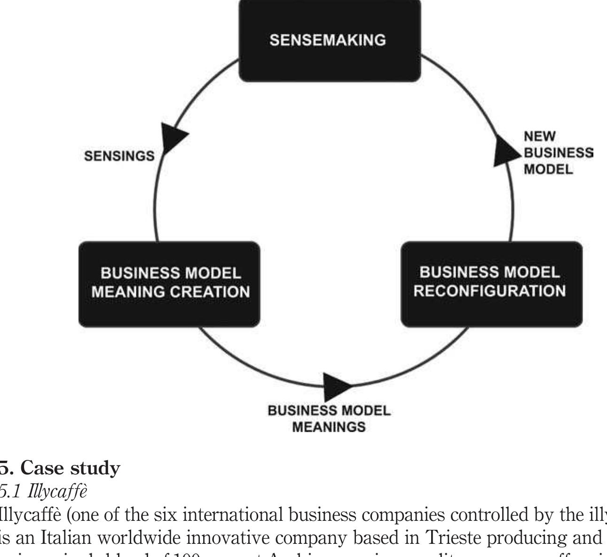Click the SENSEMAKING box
[329, 40]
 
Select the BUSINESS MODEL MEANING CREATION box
[169, 283]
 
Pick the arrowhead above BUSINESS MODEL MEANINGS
[336, 386]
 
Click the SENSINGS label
[119, 156]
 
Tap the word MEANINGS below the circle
[329, 427]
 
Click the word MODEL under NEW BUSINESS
[548, 169]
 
